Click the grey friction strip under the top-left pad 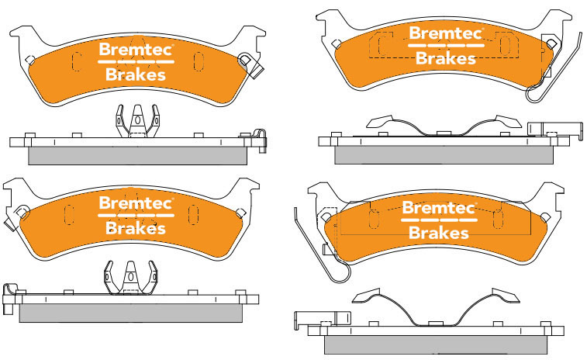136,156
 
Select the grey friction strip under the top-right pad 444,154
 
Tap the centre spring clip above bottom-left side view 129,278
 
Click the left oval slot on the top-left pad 75,61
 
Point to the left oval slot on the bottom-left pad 68,215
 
